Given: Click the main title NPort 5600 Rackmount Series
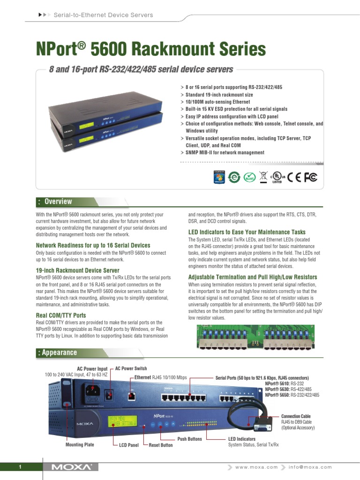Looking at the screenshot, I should click(151, 49).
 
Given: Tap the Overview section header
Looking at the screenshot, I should click(58, 202).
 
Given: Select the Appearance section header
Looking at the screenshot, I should click(59, 352).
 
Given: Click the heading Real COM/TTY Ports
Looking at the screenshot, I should click(61, 315).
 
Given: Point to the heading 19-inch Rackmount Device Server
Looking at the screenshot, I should click(77, 270).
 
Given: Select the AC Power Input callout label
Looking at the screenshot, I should click(92, 369).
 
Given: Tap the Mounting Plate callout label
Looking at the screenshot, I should click(81, 444).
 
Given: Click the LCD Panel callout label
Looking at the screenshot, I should click(128, 445).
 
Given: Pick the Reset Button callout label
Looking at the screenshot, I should click(161, 445).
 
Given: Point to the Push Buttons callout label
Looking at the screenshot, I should click(189, 439).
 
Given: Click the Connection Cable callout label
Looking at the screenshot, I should click(295, 416).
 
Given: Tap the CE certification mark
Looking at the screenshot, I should click(294, 177).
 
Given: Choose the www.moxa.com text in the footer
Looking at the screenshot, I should click(256, 467).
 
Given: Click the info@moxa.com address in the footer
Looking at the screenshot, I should click(310, 467).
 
